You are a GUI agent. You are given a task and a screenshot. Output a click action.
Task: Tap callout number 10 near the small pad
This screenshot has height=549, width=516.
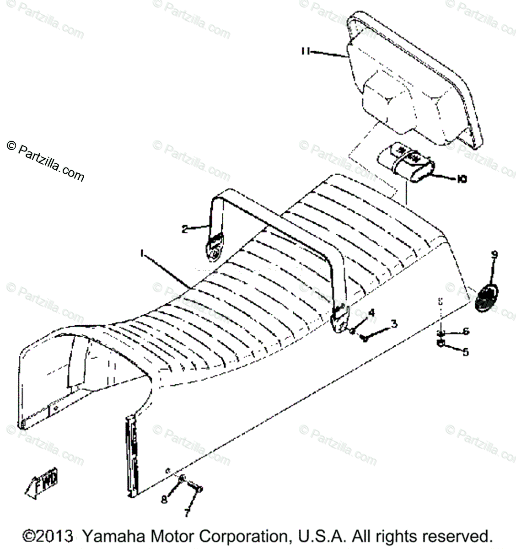point(461,180)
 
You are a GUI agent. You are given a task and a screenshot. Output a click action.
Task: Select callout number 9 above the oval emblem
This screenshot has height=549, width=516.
point(494,255)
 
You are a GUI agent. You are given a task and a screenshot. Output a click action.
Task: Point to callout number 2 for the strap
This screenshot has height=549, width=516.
point(185,229)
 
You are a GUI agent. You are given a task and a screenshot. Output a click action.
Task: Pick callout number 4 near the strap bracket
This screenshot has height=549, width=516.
point(371,312)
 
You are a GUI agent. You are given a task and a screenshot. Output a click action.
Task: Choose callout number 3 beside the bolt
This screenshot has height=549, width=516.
point(393,324)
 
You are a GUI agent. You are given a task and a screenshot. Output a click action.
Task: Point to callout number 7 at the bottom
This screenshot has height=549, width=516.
point(186,514)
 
